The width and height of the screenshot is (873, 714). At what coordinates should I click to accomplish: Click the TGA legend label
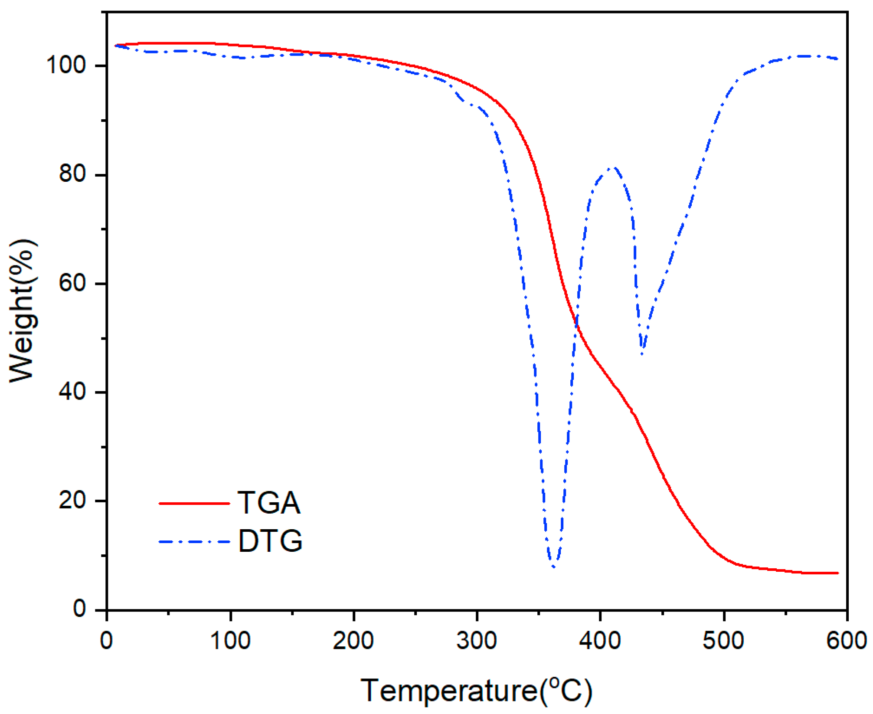(x=269, y=503)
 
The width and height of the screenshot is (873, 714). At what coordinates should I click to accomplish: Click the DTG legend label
(x=270, y=541)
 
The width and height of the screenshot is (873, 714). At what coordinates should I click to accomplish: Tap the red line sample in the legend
(x=194, y=503)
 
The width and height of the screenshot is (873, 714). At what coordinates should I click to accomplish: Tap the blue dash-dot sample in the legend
(x=194, y=541)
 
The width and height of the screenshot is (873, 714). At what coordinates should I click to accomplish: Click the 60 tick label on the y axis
(x=72, y=283)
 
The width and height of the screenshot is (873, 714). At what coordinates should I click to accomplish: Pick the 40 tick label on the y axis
(x=72, y=392)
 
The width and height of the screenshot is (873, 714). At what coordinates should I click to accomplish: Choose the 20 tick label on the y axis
(x=72, y=500)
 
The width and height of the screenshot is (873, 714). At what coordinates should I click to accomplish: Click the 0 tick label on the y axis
(x=79, y=609)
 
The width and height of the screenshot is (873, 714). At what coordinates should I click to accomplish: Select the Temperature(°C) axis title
(x=476, y=691)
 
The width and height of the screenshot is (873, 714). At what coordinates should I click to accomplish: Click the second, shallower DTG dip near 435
(x=642, y=352)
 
